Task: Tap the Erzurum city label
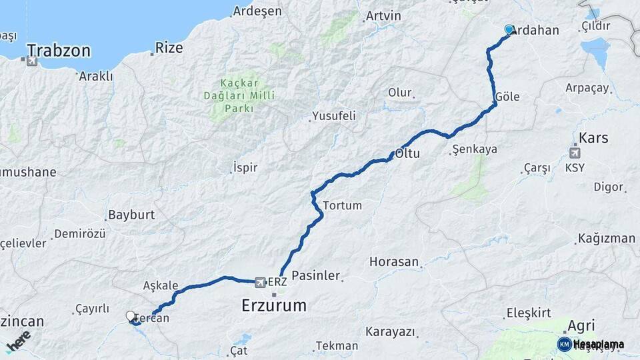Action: [x=273, y=306]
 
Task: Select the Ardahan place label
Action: [x=538, y=30]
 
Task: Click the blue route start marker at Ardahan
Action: [x=509, y=29]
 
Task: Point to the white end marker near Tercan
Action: [x=131, y=316]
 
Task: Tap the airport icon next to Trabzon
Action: [x=31, y=61]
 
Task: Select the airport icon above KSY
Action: [x=575, y=153]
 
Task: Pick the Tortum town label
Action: [x=342, y=205]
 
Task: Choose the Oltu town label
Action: [x=408, y=153]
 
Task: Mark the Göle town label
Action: [x=507, y=97]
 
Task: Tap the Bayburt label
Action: [x=131, y=215]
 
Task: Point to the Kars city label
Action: [x=593, y=139]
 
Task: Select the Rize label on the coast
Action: [x=169, y=47]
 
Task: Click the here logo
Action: [x=18, y=340]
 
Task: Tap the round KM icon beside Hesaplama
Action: [x=564, y=344]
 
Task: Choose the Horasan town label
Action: [x=394, y=262]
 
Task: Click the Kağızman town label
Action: [x=607, y=238]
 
